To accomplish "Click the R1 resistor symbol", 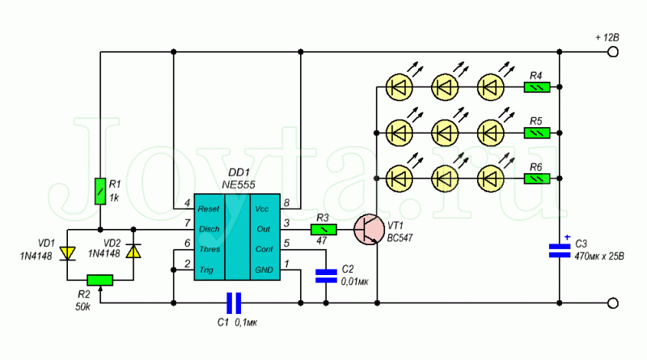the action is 100,191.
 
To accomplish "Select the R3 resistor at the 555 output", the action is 323,229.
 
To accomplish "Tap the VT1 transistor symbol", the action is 369,230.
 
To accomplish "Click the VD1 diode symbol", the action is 67,253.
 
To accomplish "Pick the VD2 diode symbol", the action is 133,251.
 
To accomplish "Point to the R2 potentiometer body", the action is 100,281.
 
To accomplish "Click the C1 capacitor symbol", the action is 234,303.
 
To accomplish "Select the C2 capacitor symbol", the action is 326,276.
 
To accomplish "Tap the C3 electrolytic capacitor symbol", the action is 560,250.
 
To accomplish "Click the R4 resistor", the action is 537,87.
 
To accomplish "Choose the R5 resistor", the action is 537,133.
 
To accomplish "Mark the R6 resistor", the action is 537,179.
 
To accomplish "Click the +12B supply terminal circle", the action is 613,52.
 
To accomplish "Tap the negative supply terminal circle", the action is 613,303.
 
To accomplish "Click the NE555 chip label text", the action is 239,184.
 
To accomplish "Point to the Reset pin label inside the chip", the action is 209,209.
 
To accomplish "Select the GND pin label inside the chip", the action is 264,270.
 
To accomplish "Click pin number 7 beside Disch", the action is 188,223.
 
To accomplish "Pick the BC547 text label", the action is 400,238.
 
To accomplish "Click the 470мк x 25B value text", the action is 599,256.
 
